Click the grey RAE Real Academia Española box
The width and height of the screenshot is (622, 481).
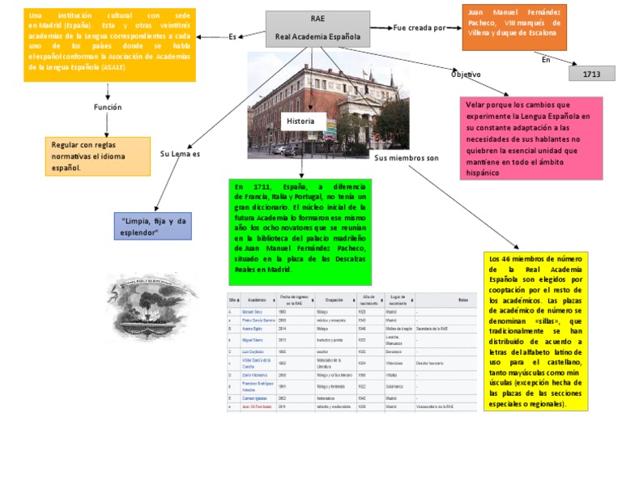pyautogui.click(x=317, y=29)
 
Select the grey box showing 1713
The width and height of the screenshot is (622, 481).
pyautogui.click(x=591, y=74)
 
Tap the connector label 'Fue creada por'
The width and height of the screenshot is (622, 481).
pyautogui.click(x=420, y=28)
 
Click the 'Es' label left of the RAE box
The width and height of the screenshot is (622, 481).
pyautogui.click(x=232, y=36)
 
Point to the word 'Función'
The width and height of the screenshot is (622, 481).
pyautogui.click(x=108, y=106)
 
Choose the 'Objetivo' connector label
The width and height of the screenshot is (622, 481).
pyautogui.click(x=466, y=74)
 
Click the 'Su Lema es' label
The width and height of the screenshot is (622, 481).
pyautogui.click(x=180, y=154)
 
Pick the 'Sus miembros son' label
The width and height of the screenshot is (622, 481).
pyautogui.click(x=406, y=158)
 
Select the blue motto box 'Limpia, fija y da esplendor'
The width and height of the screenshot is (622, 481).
pyautogui.click(x=153, y=226)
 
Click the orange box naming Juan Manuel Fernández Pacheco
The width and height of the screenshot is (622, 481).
pyautogui.click(x=514, y=28)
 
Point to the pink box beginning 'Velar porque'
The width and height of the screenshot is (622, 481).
pyautogui.click(x=533, y=138)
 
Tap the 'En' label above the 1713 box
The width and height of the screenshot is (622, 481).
pyautogui.click(x=546, y=59)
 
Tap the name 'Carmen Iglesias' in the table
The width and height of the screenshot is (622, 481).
pyautogui.click(x=254, y=398)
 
